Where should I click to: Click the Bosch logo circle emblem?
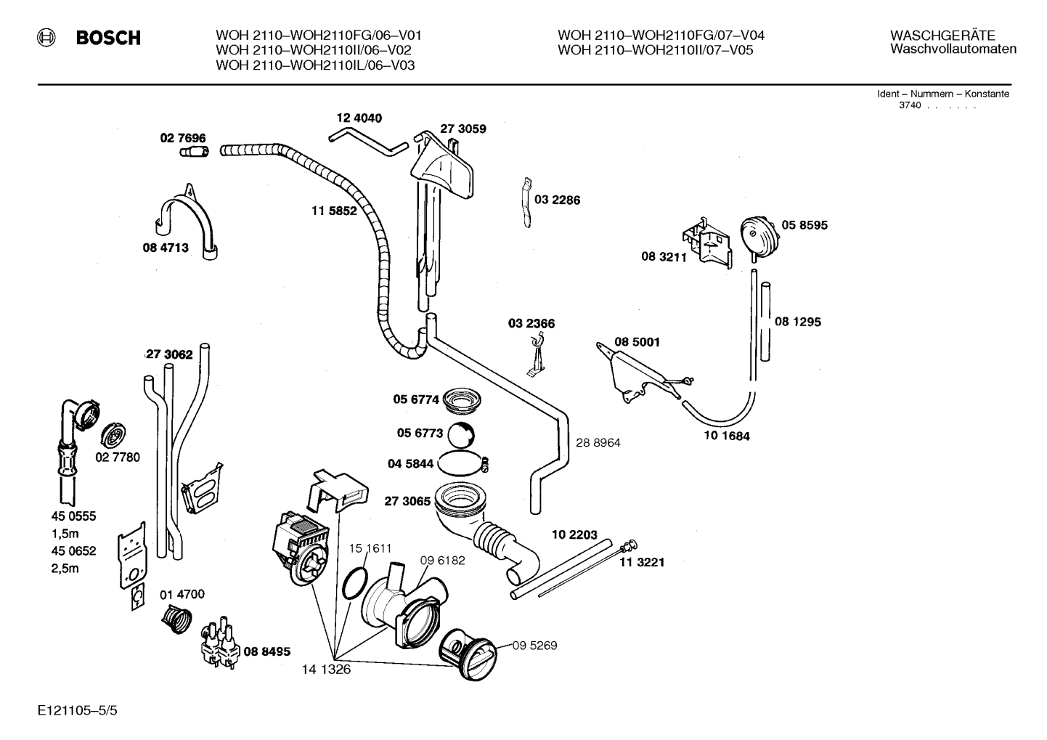tap(46, 38)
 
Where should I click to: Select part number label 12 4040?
tap(359, 118)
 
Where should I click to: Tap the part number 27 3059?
tap(463, 129)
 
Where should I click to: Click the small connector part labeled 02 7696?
tap(195, 152)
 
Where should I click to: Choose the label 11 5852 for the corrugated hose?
tap(334, 211)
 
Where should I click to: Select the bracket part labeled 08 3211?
tap(706, 243)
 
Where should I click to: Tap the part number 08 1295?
tap(797, 322)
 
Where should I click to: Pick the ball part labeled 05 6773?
tap(461, 435)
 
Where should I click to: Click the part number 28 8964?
tap(598, 443)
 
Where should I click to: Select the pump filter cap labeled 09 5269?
tap(468, 654)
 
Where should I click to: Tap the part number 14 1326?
tap(326, 670)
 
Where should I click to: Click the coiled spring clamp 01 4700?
tap(176, 619)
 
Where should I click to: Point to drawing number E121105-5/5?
tap(78, 710)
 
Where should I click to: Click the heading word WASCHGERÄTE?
tap(942, 36)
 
